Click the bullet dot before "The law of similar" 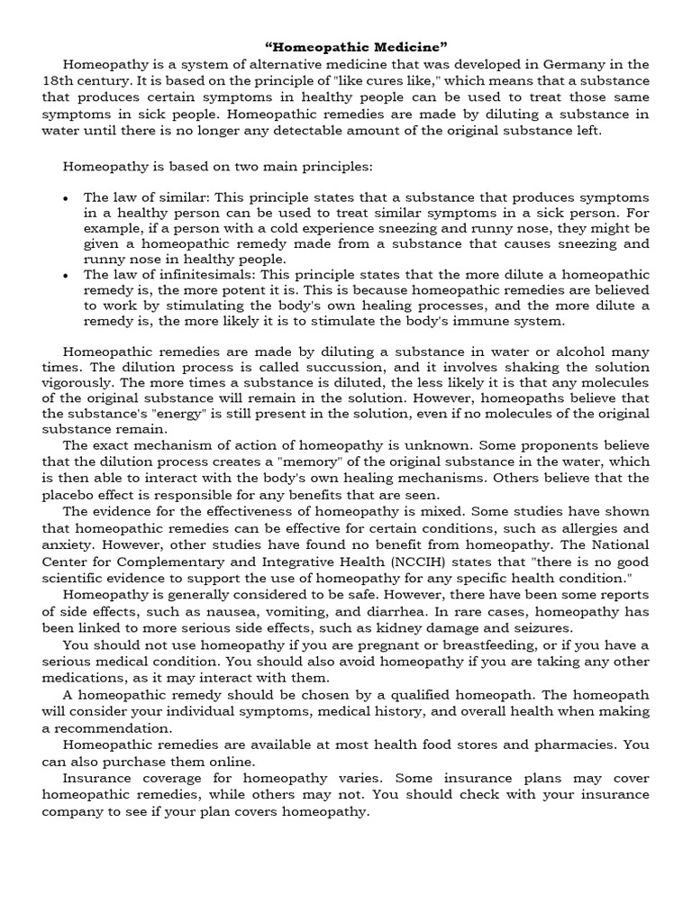[68, 196]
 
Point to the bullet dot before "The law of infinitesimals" [68, 275]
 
